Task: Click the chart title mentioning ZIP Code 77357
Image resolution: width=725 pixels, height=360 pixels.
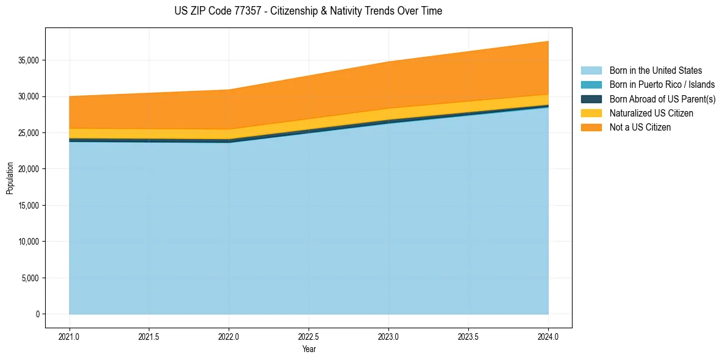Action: pos(308,11)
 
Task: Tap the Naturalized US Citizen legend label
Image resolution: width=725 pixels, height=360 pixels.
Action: pos(651,113)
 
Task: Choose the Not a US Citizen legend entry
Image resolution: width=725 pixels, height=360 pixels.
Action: pos(640,128)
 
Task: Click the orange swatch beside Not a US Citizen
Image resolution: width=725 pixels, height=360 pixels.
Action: pos(591,128)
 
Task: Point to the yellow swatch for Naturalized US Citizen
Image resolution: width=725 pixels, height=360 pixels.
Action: pos(591,113)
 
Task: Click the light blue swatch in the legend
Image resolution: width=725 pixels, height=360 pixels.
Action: pos(591,71)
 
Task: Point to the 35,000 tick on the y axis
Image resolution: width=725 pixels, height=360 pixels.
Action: pos(28,60)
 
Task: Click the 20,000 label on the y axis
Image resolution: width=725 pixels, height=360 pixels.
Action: pos(28,169)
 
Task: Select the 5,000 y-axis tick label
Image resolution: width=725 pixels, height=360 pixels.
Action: pos(30,278)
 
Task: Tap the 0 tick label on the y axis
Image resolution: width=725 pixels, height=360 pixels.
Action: pos(37,314)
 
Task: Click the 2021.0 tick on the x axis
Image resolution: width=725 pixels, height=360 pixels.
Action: pos(70,336)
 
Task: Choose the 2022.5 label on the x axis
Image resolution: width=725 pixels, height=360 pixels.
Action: pos(309,336)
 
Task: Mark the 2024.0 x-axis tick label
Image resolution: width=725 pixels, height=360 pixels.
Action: pos(548,336)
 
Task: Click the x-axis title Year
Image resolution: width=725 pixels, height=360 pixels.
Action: pos(309,349)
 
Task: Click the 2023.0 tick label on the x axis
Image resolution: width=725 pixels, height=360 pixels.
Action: pos(388,336)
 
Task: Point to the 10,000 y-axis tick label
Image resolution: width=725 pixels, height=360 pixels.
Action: pos(28,242)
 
